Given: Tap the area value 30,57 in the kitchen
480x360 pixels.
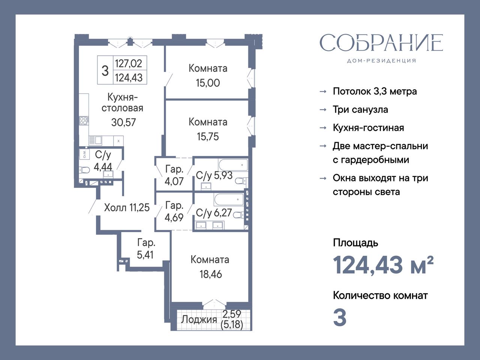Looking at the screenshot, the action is [x=123, y=122].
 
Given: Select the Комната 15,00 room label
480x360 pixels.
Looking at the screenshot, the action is [x=208, y=76].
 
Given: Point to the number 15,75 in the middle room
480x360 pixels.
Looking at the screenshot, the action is [x=208, y=136].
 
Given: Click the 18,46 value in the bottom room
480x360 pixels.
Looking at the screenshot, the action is [x=211, y=274].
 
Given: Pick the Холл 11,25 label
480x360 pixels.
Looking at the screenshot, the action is [x=127, y=208].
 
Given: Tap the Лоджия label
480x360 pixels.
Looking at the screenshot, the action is [x=199, y=319].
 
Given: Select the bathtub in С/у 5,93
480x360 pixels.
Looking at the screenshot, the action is [x=233, y=165].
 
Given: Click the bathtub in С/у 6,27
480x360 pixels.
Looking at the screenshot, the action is [x=229, y=199].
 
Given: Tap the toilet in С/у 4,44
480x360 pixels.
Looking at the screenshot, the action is [x=84, y=170].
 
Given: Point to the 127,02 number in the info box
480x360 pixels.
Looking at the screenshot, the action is [x=129, y=63].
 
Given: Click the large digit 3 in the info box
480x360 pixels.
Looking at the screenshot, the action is [x=105, y=71].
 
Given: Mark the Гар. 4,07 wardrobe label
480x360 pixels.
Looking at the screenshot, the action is [x=174, y=175].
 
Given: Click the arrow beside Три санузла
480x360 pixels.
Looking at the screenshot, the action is [x=323, y=110].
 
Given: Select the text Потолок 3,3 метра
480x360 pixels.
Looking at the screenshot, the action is [x=375, y=91].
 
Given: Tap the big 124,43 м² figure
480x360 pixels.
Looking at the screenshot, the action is [x=383, y=265].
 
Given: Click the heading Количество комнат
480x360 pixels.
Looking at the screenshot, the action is [x=380, y=296].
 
